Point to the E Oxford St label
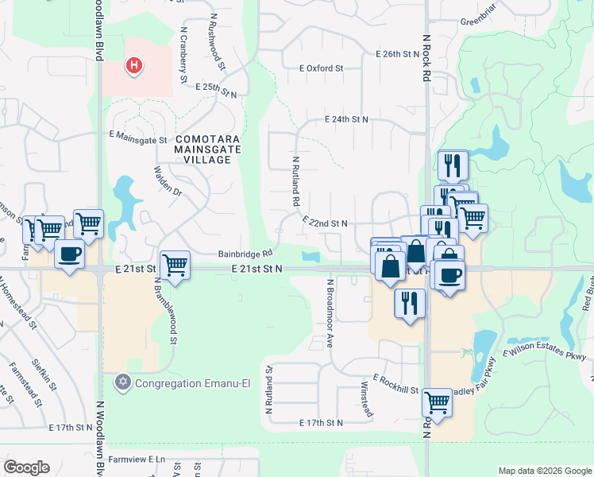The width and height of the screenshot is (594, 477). (321, 68)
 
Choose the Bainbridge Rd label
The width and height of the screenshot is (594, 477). (245, 254)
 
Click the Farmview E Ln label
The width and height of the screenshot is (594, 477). (137, 459)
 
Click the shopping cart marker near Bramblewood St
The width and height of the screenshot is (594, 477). (175, 265)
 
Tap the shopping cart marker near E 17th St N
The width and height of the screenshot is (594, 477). (437, 402)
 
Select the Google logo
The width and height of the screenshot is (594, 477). (26, 467)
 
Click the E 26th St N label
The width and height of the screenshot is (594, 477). (397, 54)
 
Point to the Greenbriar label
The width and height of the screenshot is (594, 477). (477, 21)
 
